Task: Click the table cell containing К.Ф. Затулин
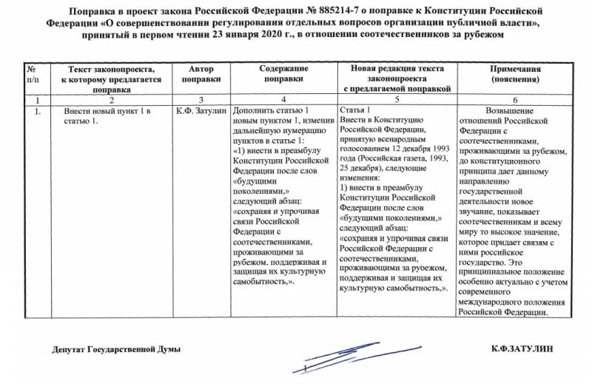201,111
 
